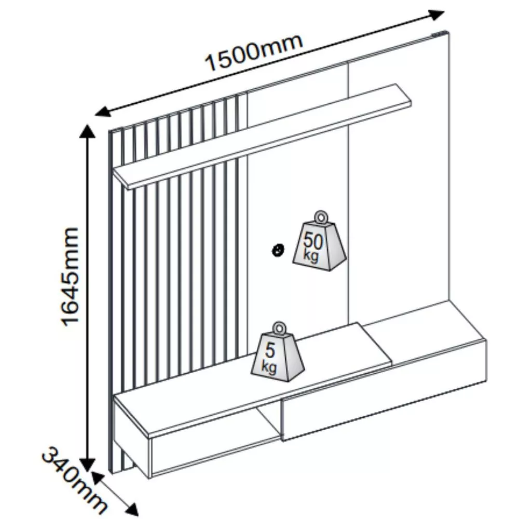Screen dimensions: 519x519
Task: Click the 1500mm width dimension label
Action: (x=254, y=52)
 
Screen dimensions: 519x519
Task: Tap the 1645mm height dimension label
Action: (x=71, y=277)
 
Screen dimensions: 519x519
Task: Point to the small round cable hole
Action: (x=278, y=250)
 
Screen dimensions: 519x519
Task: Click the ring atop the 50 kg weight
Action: (x=320, y=217)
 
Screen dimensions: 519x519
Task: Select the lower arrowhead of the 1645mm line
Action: (x=87, y=464)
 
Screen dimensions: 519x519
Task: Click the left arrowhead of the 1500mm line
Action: (x=103, y=111)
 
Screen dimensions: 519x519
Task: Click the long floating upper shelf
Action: (x=262, y=136)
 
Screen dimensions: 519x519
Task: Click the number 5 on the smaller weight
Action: (x=270, y=350)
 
